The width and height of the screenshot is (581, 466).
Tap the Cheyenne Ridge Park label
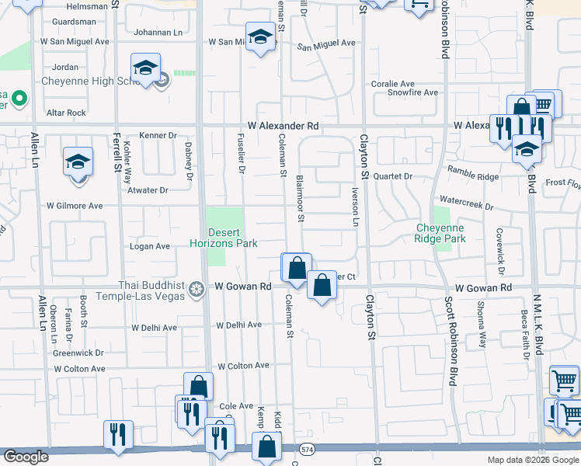pyautogui.click(x=440, y=233)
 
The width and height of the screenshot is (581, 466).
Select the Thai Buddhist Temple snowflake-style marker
pyautogui.click(x=197, y=290)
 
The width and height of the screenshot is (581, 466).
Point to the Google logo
pyautogui.click(x=26, y=457)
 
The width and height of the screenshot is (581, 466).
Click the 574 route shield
pyautogui.click(x=308, y=449)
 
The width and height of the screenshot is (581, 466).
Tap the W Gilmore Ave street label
pyautogui.click(x=75, y=206)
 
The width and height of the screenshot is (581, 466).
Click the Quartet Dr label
pyautogui.click(x=392, y=176)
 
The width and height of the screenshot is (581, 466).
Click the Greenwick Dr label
pyautogui.click(x=78, y=353)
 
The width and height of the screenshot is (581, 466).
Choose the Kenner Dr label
pyautogui.click(x=158, y=135)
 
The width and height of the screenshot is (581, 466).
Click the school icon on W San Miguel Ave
pyautogui.click(x=261, y=37)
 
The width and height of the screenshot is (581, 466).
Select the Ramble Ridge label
pyautogui.click(x=473, y=177)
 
